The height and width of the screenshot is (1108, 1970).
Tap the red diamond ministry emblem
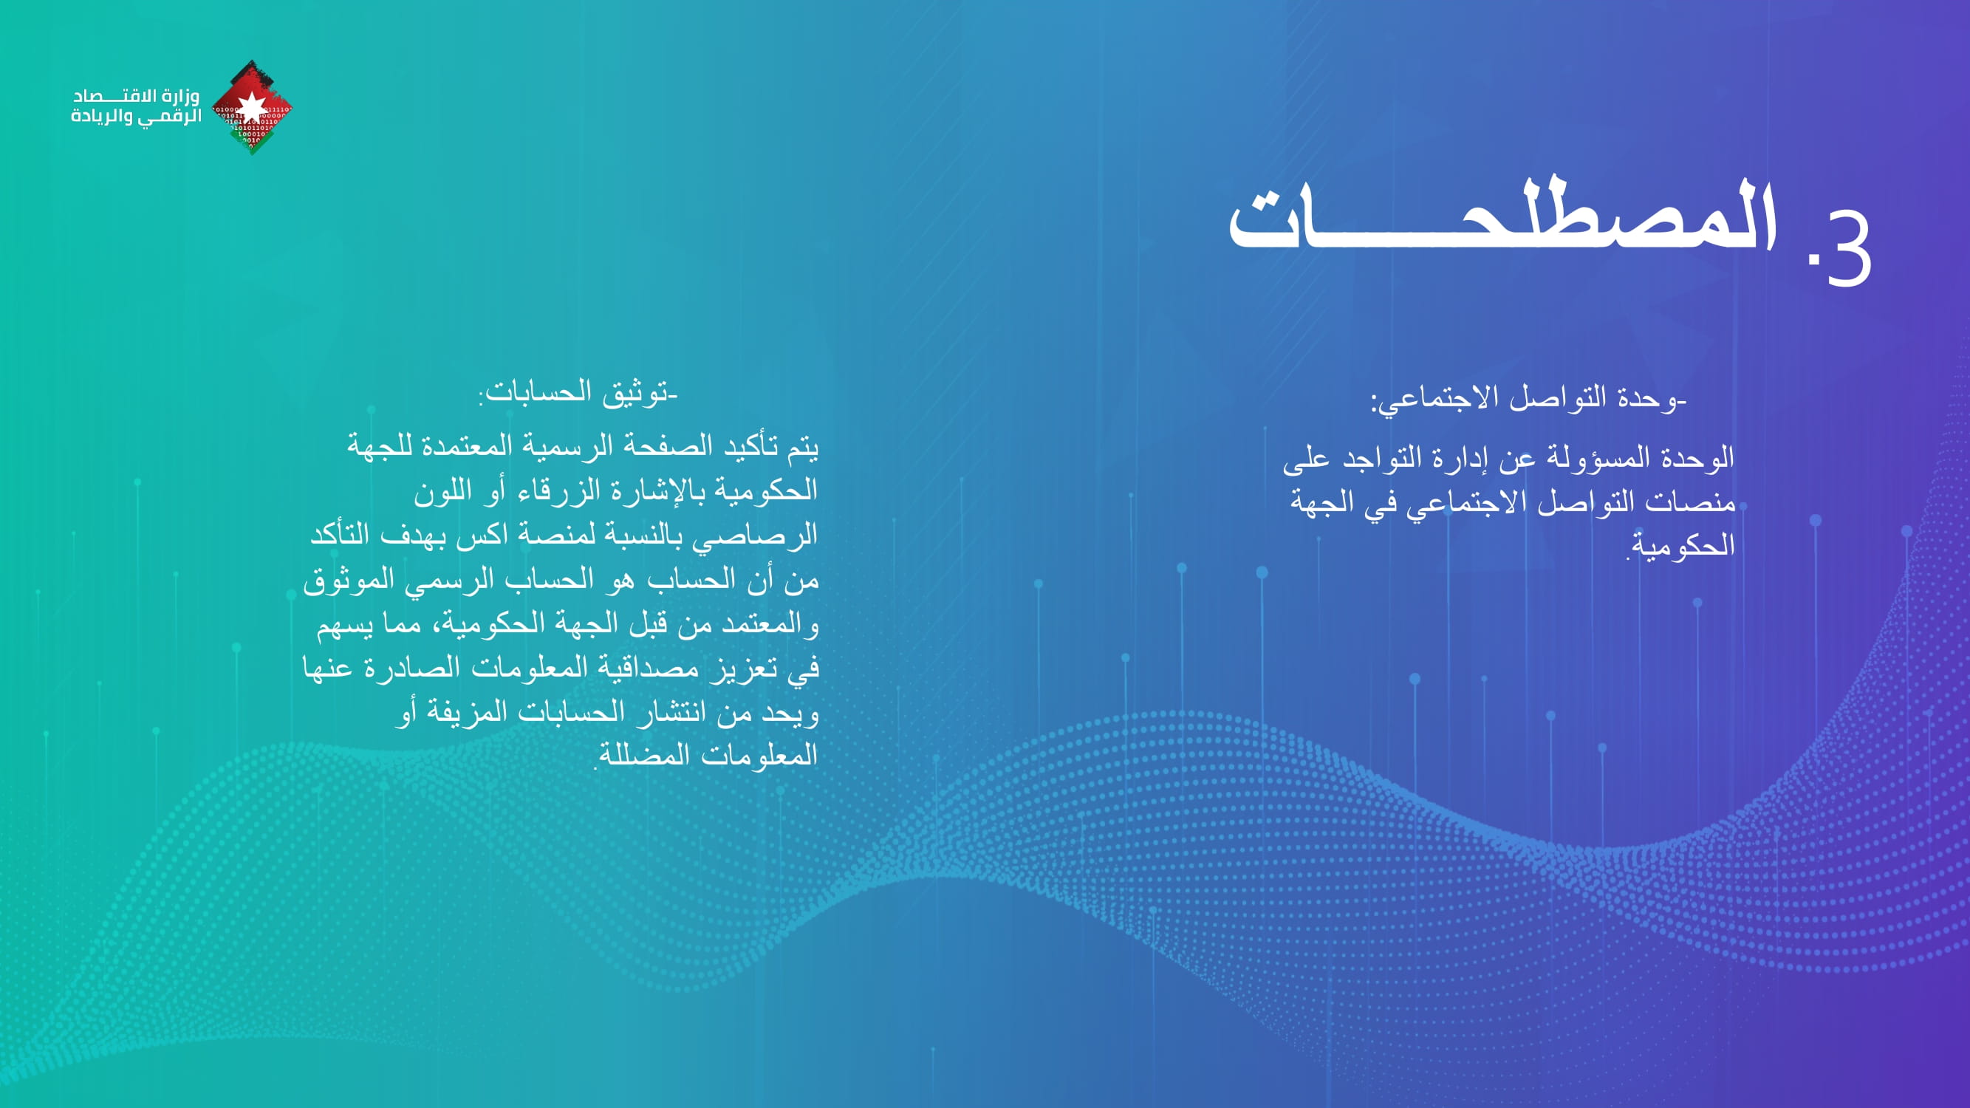point(252,107)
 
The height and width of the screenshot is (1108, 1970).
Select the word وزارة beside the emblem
point(181,96)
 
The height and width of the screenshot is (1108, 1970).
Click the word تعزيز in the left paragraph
point(737,668)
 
